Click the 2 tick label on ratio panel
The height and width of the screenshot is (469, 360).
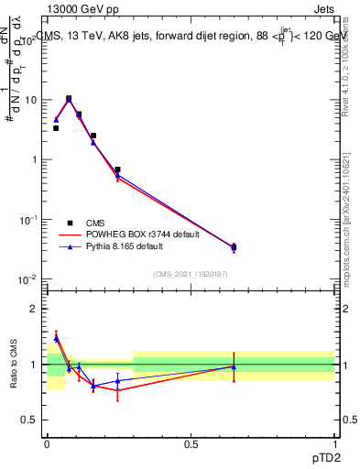pos(36,309)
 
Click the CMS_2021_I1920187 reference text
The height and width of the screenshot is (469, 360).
pos(191,274)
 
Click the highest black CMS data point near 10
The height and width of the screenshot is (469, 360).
pos(69,98)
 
